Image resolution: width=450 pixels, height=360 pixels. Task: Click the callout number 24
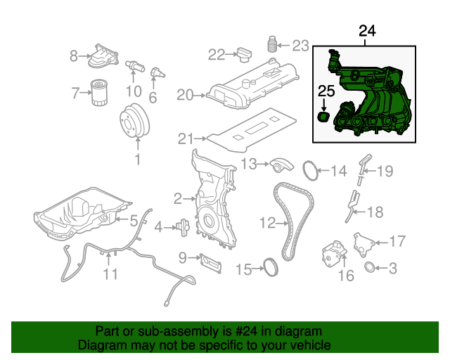point(367,30)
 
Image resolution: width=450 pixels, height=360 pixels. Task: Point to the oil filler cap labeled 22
point(243,54)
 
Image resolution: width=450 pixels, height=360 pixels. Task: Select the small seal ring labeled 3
point(370,267)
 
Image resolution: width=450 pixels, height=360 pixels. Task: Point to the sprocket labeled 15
point(267,268)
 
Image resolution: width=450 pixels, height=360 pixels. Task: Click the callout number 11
point(110,274)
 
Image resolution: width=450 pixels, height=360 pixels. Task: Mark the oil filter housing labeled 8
point(101,56)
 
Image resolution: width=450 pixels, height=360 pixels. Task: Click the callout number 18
point(375,212)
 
